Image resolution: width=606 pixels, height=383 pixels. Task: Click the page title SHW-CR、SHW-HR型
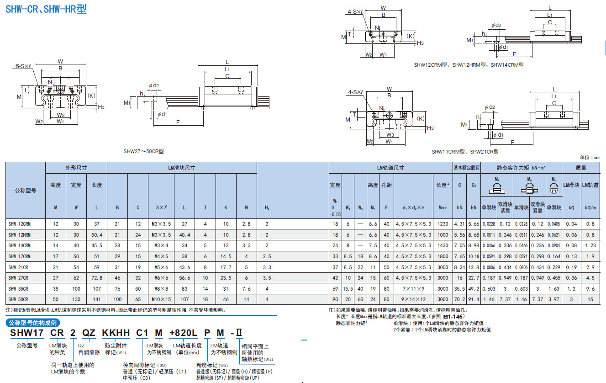(46, 9)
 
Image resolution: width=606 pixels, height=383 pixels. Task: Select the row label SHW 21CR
(18, 267)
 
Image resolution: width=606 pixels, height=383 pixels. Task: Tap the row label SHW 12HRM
(20, 234)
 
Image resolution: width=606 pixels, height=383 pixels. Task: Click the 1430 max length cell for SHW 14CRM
(443, 245)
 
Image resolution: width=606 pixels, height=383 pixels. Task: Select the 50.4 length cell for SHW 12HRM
(96, 234)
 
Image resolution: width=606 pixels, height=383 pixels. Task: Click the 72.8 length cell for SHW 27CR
(96, 278)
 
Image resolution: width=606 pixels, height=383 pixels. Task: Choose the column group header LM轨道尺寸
(390, 168)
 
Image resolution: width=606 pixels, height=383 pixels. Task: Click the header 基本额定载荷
(466, 168)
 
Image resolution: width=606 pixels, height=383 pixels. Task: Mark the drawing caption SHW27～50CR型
(143, 150)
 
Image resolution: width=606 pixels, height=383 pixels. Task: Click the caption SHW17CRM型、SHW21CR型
(465, 151)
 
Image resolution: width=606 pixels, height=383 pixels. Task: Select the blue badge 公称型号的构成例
(32, 323)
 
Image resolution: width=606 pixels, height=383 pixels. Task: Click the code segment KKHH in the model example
(117, 333)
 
